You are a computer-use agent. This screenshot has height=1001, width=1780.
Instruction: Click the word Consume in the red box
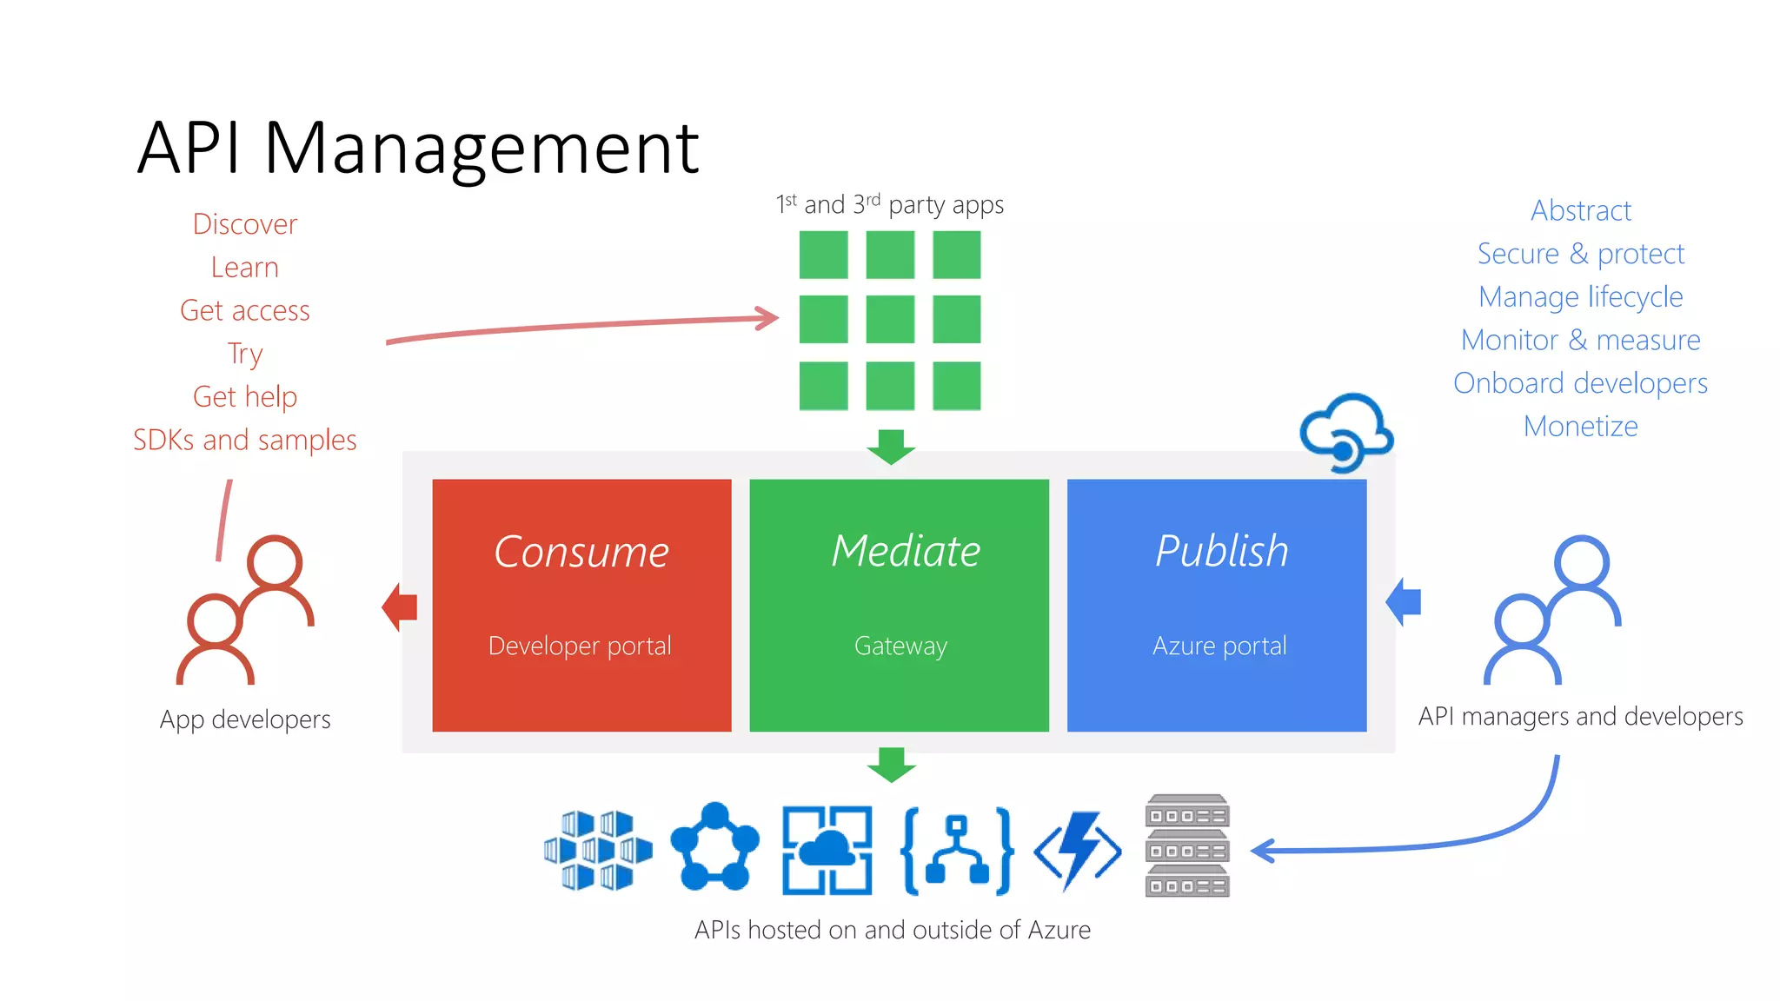click(581, 552)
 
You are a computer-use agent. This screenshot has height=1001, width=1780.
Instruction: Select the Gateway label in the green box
click(900, 646)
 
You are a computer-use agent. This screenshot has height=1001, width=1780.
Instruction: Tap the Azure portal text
click(1219, 646)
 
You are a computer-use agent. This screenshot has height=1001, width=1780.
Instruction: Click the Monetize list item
click(1580, 426)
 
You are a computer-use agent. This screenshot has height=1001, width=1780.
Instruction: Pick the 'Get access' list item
click(244, 310)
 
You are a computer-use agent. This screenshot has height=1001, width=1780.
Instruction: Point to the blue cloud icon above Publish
click(1346, 431)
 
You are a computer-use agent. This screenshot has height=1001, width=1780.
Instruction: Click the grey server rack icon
click(1186, 845)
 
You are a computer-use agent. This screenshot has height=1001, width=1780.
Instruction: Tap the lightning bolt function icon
click(1078, 850)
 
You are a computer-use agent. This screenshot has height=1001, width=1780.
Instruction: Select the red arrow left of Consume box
click(400, 607)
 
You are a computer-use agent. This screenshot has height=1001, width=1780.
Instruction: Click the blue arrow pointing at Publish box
click(1404, 601)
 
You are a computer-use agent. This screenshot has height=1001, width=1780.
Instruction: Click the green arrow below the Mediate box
click(891, 765)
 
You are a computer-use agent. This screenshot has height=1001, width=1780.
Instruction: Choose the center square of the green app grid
click(890, 319)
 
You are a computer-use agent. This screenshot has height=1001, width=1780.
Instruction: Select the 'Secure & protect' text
click(1580, 254)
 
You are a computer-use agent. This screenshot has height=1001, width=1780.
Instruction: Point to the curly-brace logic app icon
click(957, 850)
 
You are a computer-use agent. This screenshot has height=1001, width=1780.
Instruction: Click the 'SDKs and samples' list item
click(244, 440)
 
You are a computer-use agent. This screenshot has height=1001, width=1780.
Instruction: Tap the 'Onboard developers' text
click(1580, 383)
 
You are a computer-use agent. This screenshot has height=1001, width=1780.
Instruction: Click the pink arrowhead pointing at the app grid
click(768, 318)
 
